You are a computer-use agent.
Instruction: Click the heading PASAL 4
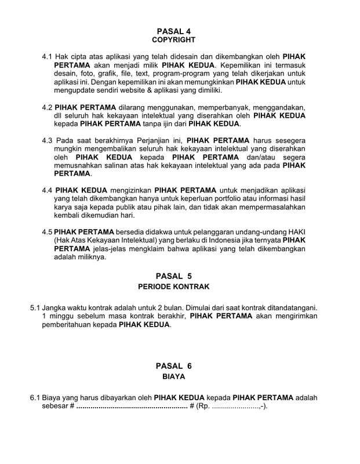[173, 31]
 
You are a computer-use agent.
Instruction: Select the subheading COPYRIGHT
[173, 40]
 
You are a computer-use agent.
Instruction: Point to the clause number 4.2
[48, 107]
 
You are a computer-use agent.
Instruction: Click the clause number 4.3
[48, 140]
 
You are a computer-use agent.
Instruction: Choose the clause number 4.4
[48, 190]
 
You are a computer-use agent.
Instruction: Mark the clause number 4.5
[48, 232]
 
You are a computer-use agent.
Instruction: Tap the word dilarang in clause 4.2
[134, 107]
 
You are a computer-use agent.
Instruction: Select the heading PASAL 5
[173, 276]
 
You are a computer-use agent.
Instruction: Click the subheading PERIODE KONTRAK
[173, 287]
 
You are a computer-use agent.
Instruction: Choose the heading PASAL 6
[173, 366]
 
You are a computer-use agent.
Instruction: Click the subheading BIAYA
[173, 376]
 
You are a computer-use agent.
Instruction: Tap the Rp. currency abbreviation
[204, 406]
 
